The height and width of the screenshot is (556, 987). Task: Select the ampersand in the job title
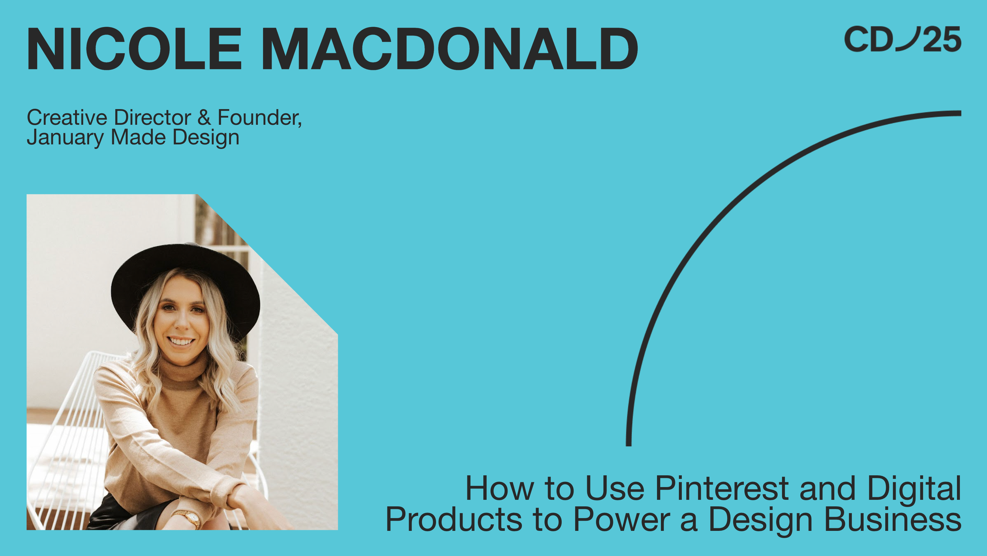[x=204, y=118]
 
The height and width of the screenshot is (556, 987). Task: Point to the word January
[x=65, y=138]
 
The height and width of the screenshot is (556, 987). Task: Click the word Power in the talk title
[x=622, y=520]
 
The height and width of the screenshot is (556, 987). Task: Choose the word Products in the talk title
[x=454, y=520]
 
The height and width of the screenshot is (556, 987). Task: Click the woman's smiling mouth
[x=181, y=341]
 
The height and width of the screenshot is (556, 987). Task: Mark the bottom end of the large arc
[x=629, y=443]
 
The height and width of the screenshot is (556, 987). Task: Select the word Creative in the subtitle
[x=67, y=118]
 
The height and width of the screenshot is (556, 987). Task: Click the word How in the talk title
[x=499, y=489]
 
